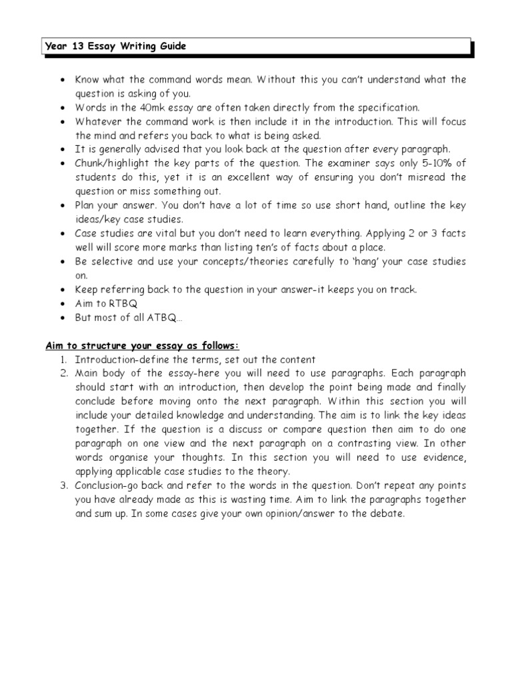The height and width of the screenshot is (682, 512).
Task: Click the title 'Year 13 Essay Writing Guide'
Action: tap(115, 47)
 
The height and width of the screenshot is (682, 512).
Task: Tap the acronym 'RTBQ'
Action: tap(122, 304)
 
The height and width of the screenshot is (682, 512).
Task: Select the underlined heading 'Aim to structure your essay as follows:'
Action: tap(142, 346)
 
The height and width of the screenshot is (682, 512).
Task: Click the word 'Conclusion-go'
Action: tap(107, 485)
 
